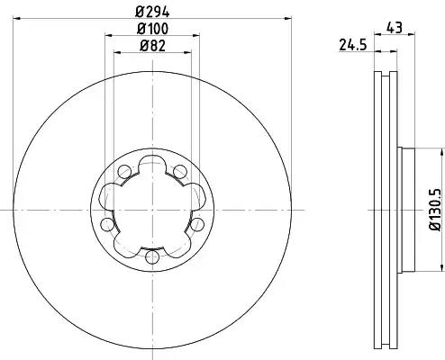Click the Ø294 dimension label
tap(152, 12)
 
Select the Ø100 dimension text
tap(152, 29)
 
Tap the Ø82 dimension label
tap(152, 46)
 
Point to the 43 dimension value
tap(395, 28)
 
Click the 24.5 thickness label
tap(353, 45)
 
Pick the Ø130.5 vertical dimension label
tap(436, 210)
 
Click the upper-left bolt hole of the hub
tap(124, 172)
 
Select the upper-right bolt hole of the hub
tap(180, 172)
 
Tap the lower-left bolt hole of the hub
tap(107, 225)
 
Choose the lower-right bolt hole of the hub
tap(197, 225)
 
